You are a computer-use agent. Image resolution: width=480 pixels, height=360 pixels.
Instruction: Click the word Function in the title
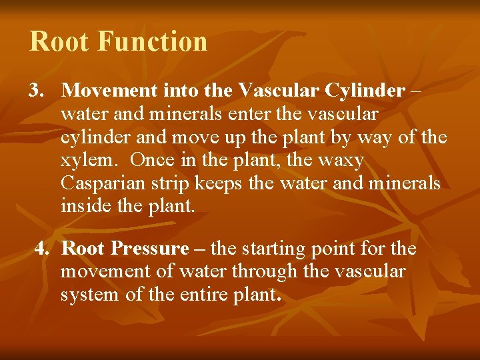click(x=153, y=41)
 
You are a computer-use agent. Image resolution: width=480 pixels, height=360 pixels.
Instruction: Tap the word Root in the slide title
click(x=59, y=41)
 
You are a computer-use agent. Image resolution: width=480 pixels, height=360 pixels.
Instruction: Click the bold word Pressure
click(x=150, y=249)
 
